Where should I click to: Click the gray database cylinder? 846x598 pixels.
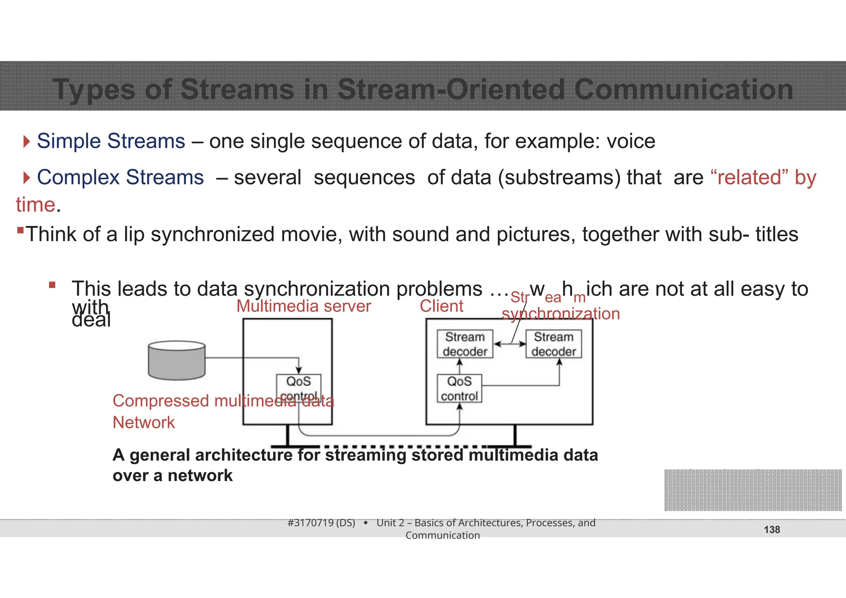(x=176, y=360)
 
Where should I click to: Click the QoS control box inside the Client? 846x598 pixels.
(x=459, y=388)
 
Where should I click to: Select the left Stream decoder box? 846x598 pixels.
(x=465, y=344)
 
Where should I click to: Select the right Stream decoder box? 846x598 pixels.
(x=554, y=344)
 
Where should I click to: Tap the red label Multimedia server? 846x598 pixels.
(x=304, y=306)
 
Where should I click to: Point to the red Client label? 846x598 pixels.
(x=441, y=306)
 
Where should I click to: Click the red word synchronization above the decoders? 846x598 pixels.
(x=561, y=314)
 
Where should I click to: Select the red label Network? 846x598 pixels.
(x=144, y=422)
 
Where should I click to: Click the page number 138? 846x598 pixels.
(x=772, y=530)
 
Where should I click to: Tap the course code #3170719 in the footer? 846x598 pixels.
(x=321, y=523)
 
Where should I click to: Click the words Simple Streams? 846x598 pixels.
(x=111, y=141)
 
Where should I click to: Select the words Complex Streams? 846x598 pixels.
(x=120, y=178)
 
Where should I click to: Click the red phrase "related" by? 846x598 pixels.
(x=763, y=178)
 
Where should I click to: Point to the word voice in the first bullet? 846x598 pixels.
(x=630, y=141)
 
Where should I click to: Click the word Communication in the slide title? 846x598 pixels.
(x=683, y=90)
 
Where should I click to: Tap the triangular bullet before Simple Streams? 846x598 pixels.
(x=27, y=142)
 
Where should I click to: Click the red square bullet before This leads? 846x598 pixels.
(x=52, y=285)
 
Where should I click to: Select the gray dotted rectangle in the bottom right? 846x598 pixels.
(x=753, y=490)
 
